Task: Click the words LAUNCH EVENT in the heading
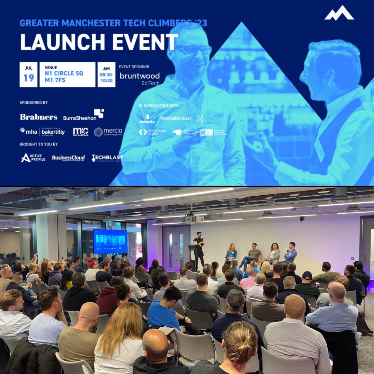99,42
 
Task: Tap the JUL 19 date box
28,74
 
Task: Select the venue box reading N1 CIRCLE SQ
67,74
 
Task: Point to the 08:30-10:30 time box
106,74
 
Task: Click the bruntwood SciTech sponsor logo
140,78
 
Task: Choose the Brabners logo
38,117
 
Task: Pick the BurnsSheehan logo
83,115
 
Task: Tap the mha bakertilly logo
42,131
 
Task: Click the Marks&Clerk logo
80,132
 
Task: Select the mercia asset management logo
108,132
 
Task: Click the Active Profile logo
33,158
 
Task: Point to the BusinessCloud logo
68,158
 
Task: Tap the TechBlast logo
107,158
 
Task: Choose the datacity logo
147,119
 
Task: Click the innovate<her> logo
176,118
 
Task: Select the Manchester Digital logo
152,132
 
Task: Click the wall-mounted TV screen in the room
110,241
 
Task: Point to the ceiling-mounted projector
193,218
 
